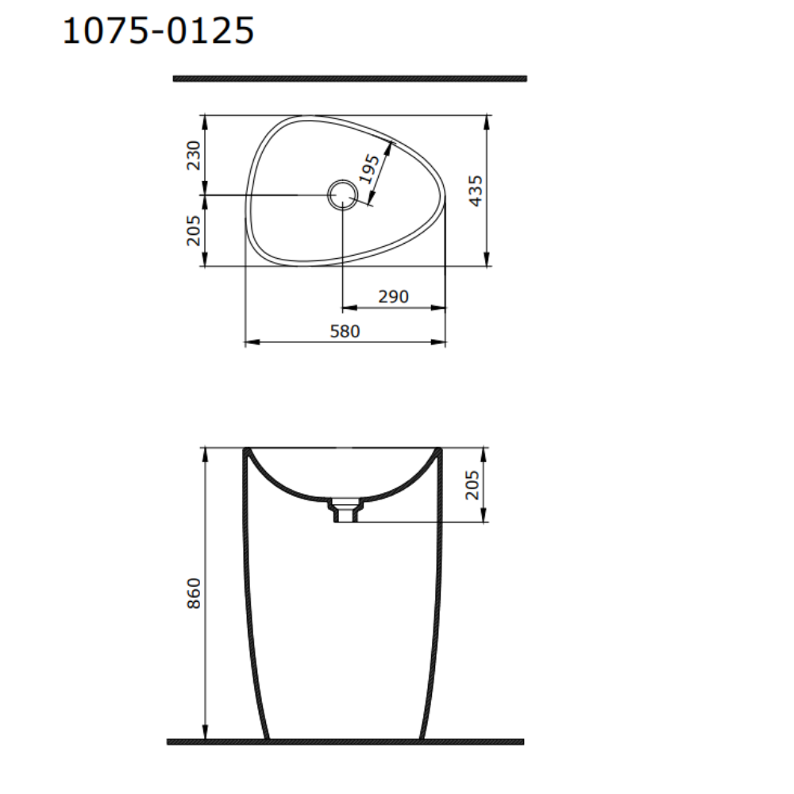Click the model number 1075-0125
pos(158,31)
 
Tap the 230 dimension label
pos(194,156)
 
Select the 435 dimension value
pos(476,191)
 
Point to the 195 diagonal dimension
pos(369,168)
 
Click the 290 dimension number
pos(394,297)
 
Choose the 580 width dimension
pos(345,332)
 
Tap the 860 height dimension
pos(194,593)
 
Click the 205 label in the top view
pos(194,230)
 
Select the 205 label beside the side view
pos(472,485)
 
